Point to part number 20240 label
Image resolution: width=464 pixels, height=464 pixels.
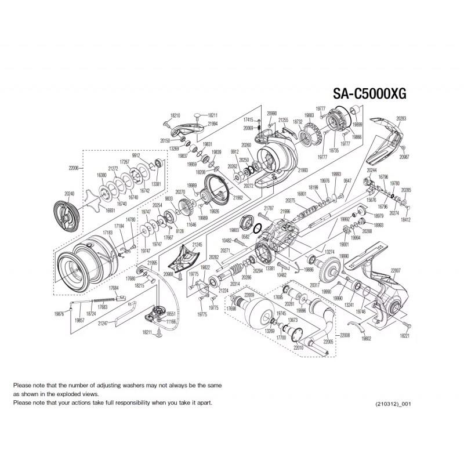(x=54, y=194)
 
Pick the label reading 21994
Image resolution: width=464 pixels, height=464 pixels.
(x=212, y=124)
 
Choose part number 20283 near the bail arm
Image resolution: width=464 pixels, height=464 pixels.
(x=401, y=119)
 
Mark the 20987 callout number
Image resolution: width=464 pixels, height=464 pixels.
(x=404, y=157)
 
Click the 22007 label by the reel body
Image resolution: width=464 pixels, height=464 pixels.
(x=396, y=271)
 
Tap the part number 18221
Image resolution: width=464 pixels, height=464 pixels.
(x=404, y=335)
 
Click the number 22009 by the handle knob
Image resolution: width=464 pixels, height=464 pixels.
(x=249, y=295)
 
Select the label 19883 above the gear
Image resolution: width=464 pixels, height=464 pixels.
(x=309, y=115)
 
